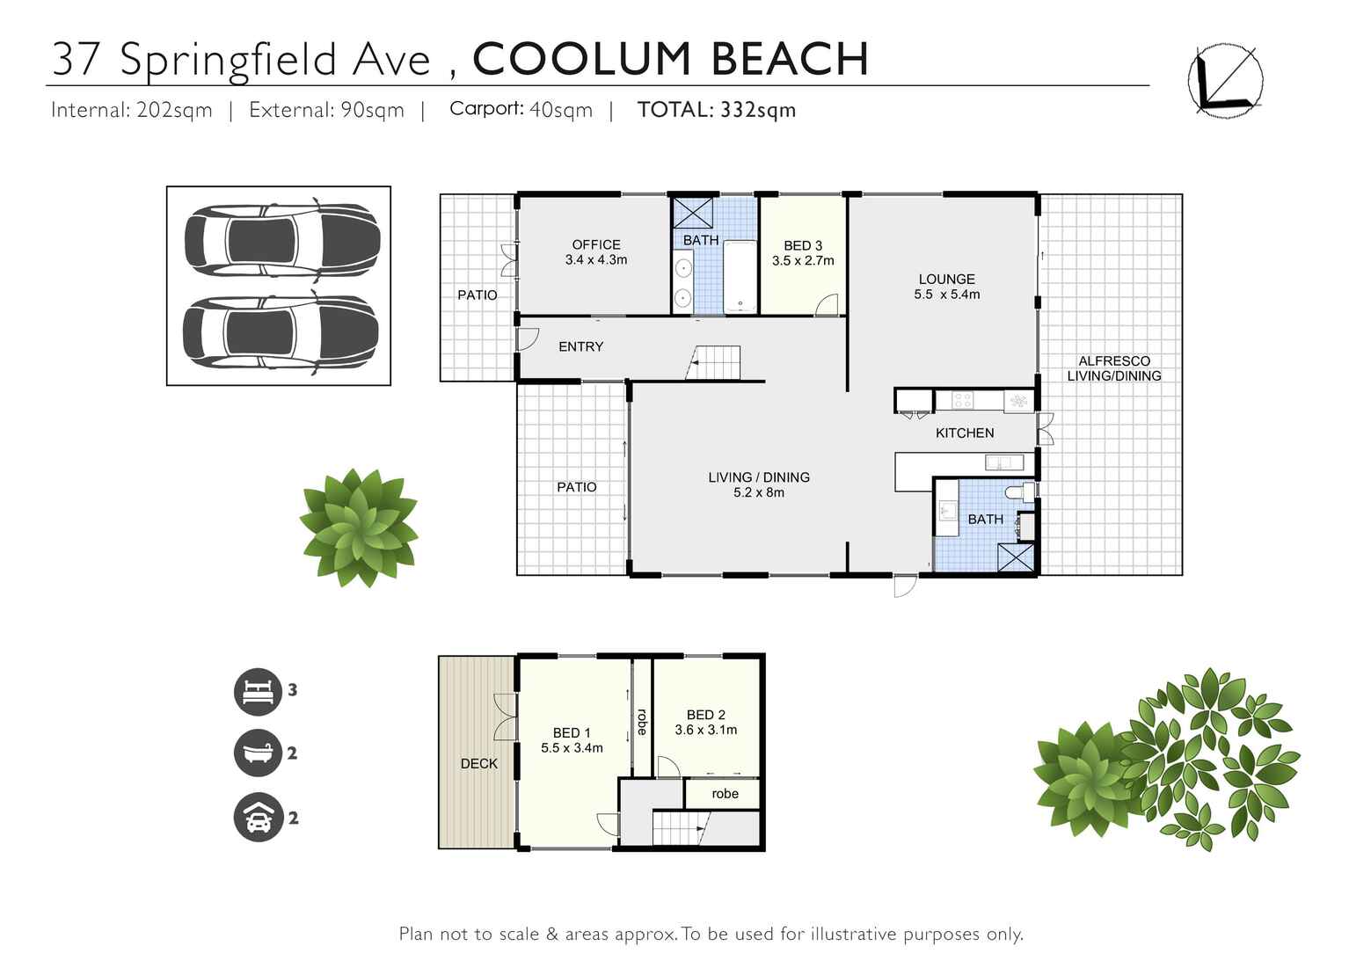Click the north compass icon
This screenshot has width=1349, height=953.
(x=1225, y=80)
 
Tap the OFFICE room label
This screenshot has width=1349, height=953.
(x=596, y=244)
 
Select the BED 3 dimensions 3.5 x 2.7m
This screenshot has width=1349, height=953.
(x=803, y=261)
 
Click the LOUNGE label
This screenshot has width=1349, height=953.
(x=946, y=279)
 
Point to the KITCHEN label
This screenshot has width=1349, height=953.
(x=965, y=433)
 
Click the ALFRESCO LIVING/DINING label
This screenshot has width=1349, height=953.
(x=1114, y=368)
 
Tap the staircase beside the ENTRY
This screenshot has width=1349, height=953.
(x=714, y=362)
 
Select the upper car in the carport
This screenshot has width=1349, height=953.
(x=281, y=239)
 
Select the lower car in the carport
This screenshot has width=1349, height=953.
(x=281, y=332)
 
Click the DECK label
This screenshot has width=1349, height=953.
(x=479, y=763)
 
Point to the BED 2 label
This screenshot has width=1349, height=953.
(x=705, y=715)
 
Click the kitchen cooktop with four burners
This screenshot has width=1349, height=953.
(x=962, y=400)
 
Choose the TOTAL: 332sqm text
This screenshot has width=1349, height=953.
(x=717, y=110)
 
